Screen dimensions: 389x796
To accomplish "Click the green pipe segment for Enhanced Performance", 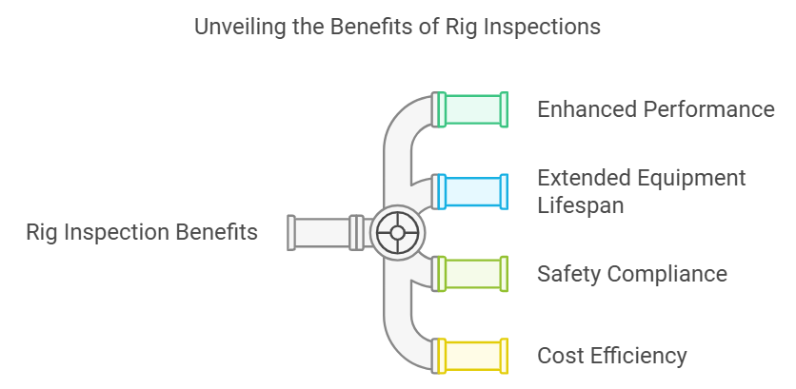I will coord(473,109).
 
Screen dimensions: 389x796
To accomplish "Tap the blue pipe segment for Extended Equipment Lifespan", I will coord(473,191).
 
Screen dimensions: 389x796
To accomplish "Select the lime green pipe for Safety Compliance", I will coord(473,274).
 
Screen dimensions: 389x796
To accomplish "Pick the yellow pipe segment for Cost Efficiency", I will coord(473,356).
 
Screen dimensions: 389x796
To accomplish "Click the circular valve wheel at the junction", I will coord(398,233).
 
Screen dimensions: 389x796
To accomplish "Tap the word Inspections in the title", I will coord(543,27).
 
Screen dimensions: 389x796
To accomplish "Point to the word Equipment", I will coord(692,179).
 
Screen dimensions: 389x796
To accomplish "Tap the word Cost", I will coord(559,356).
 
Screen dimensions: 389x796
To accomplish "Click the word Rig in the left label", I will coord(43,232).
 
